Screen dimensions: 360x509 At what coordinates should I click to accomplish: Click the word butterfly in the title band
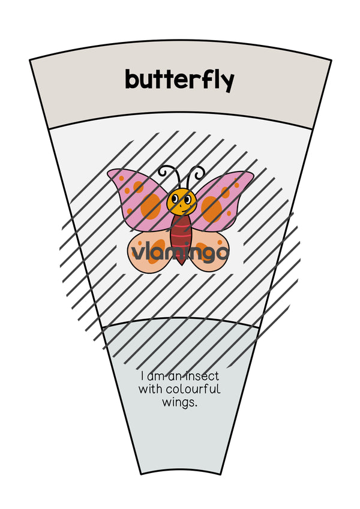point(179,80)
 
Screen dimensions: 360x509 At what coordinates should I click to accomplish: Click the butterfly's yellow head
point(181,201)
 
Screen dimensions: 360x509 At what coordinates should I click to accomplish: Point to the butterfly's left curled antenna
point(170,174)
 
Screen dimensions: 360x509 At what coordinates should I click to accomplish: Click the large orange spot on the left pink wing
point(151,206)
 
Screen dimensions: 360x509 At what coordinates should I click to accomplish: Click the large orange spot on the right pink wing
point(212,209)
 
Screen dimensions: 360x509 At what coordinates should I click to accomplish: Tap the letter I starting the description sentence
point(142,377)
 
